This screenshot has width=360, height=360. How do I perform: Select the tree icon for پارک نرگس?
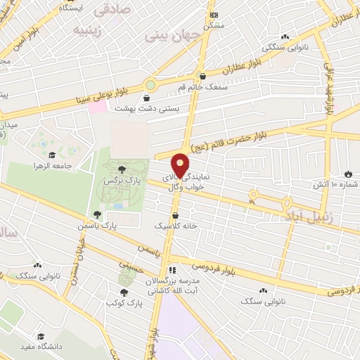coord(122,169)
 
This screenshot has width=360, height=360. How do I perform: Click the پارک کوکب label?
coord(124,302)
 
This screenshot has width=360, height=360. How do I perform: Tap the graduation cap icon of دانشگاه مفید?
coord(41,337)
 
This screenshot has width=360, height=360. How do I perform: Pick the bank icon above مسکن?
coord(214,15)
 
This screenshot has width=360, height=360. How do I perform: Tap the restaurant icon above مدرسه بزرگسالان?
coord(171,270)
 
